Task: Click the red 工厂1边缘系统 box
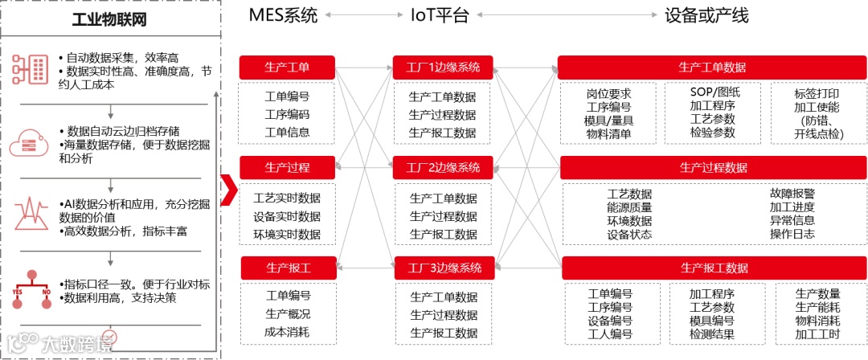444,67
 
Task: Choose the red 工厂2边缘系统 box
444,168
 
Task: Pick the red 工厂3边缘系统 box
444,268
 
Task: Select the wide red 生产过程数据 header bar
713,167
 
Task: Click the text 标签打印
816,92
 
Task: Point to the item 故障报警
792,194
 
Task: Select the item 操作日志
792,234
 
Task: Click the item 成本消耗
287,331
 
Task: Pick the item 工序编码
287,114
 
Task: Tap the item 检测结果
711,333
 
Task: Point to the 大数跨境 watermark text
76,342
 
